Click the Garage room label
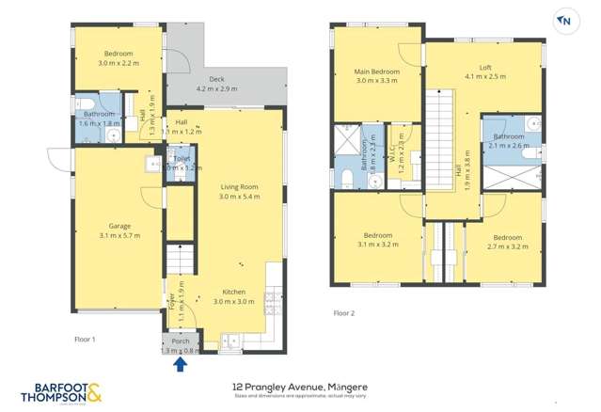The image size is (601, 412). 119,226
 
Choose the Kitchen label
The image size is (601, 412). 233,292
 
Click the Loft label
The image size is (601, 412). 485,68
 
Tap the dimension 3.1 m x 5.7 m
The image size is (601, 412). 119,236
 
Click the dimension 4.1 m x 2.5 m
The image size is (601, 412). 485,78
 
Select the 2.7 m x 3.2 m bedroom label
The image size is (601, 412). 507,242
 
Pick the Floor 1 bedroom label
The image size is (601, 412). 119,54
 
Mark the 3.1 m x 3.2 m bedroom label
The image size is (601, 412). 377,239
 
